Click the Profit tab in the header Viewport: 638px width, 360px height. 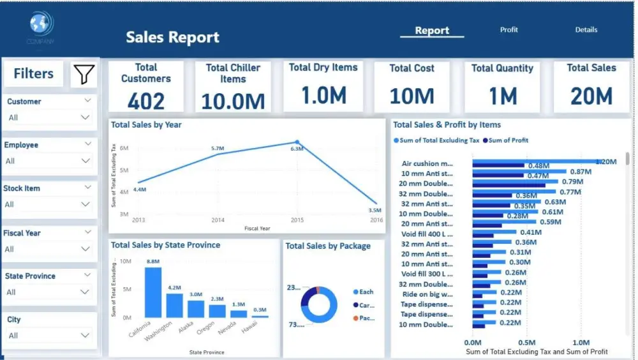tap(508, 30)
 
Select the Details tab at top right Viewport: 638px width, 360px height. tap(586, 30)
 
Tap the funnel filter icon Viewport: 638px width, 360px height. tap(84, 75)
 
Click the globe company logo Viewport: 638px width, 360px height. tap(40, 24)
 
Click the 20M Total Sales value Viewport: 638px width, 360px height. tap(591, 96)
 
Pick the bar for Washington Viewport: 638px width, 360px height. tap(175, 305)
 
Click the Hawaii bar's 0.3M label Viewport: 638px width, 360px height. tap(260, 310)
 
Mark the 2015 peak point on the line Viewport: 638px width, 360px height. tap(297, 142)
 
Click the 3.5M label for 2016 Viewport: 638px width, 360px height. tap(375, 210)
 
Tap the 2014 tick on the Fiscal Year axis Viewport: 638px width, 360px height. tap(218, 220)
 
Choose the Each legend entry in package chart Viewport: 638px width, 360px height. tap(366, 292)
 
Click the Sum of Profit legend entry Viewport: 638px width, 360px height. tap(507, 140)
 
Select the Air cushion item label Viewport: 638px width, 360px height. tap(427, 163)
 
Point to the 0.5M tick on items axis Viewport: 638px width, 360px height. tap(527, 342)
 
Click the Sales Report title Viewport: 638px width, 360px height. tap(172, 37)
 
